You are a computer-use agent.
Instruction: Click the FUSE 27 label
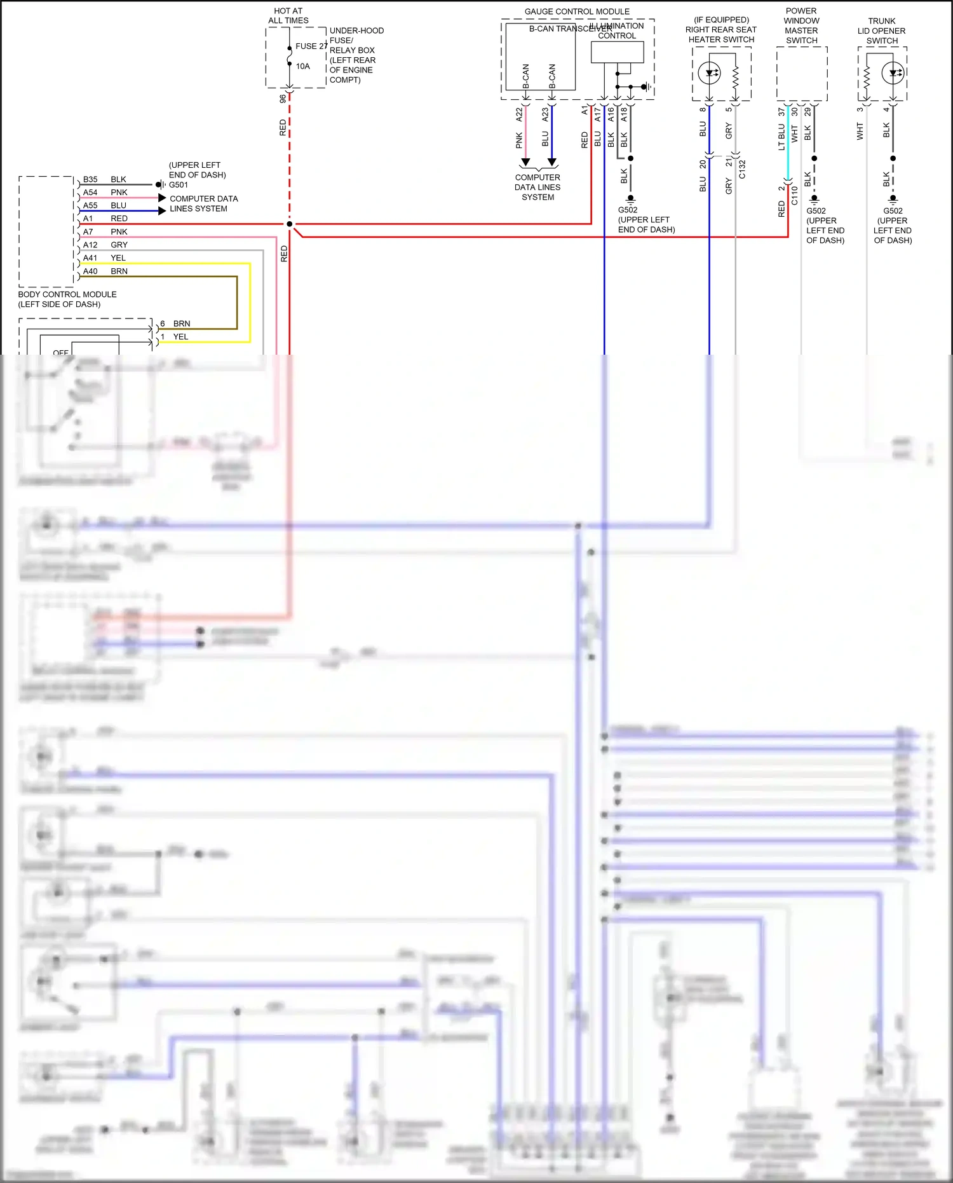coord(311,46)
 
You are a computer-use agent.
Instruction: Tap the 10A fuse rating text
coord(302,66)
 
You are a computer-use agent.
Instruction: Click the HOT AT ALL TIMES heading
coord(288,16)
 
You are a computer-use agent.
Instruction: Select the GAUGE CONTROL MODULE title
coord(577,11)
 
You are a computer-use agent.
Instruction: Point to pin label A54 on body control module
coord(90,193)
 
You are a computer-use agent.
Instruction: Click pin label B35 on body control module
coord(90,179)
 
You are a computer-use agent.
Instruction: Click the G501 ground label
coord(179,185)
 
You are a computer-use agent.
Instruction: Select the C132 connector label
coord(742,169)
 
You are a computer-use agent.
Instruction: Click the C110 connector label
coord(794,196)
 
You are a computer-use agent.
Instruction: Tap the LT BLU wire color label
coord(781,137)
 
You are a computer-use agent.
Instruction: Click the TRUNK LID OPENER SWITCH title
coord(882,31)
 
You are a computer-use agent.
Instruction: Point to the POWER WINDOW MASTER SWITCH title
coord(801,25)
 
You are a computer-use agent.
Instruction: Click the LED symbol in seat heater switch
coord(710,73)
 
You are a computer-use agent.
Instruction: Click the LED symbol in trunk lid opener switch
coord(893,73)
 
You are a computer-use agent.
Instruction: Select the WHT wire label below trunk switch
coord(860,132)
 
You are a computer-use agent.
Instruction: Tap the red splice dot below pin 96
coord(290,224)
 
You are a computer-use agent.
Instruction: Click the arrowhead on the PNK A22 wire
coord(525,163)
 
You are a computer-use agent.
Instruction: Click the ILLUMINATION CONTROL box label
coord(620,31)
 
